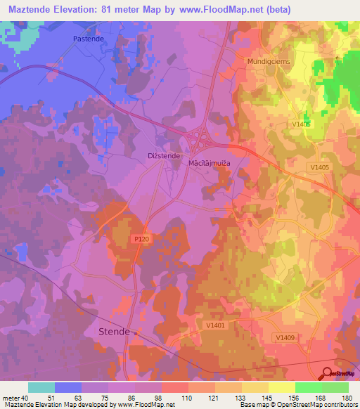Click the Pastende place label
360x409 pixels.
tap(89, 40)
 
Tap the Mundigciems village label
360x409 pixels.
tap(268, 62)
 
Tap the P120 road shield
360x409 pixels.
tap(141, 240)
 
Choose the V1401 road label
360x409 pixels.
tap(215, 325)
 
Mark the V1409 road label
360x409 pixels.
tap(285, 338)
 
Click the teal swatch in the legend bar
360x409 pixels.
tap(41, 387)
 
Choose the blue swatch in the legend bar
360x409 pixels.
tap(68, 387)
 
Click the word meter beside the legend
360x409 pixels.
tap(12, 398)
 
